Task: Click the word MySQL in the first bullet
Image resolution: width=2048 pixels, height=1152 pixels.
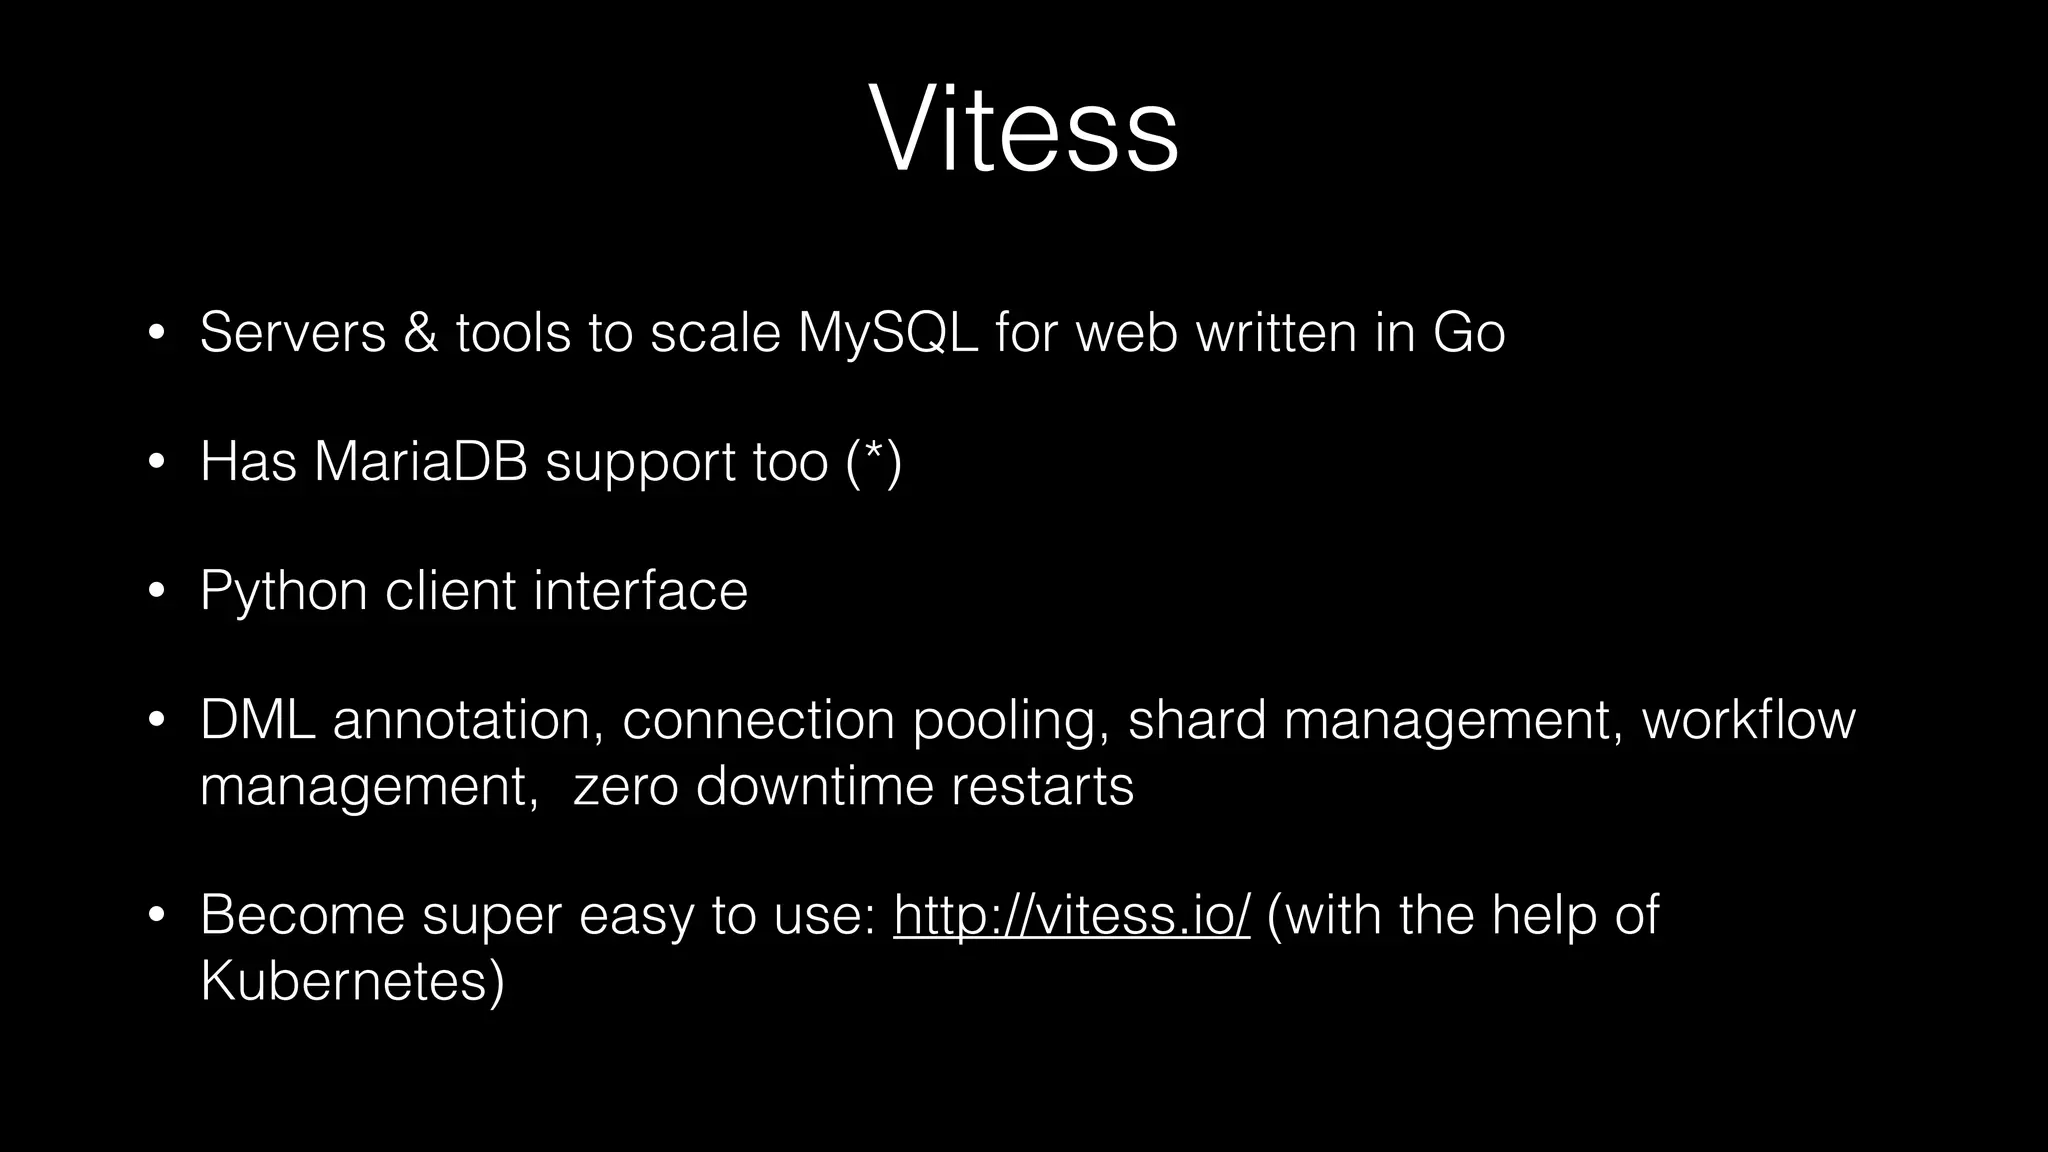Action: coord(887,332)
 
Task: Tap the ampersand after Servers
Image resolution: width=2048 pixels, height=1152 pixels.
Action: coord(420,332)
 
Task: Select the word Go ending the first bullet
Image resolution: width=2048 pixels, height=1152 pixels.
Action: coord(1468,332)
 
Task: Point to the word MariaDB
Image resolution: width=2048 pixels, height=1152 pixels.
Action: coord(420,462)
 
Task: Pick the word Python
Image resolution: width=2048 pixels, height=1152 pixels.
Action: coord(283,591)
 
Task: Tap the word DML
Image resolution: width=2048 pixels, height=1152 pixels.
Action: coord(257,720)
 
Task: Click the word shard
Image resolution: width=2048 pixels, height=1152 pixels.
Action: coord(1196,720)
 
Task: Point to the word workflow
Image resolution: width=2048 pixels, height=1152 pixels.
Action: coord(1748,720)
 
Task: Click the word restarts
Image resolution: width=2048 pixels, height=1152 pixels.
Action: coord(1042,786)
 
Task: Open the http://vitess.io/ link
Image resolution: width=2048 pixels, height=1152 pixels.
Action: coord(1071,915)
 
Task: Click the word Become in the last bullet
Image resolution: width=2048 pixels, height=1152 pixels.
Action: coord(302,915)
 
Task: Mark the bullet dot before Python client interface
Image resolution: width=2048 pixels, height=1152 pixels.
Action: coord(155,591)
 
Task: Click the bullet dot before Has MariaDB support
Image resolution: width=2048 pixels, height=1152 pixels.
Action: coord(155,462)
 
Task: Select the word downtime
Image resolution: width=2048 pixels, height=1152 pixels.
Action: coord(814,786)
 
